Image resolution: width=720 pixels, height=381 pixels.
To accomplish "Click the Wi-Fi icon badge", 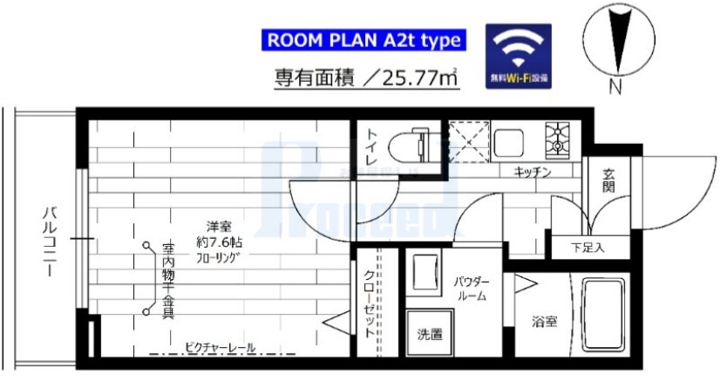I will [518, 53].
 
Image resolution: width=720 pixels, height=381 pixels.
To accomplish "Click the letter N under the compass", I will [615, 87].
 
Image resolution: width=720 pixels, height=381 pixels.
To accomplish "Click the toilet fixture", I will [409, 140].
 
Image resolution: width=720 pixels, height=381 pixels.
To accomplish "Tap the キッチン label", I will [533, 173].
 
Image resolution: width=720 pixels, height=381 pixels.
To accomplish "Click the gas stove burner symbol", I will [557, 138].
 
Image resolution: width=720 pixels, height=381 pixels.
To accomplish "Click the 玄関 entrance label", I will [608, 180].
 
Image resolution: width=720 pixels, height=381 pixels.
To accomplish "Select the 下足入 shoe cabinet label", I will [588, 247].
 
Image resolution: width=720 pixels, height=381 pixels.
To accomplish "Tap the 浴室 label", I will [545, 321].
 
